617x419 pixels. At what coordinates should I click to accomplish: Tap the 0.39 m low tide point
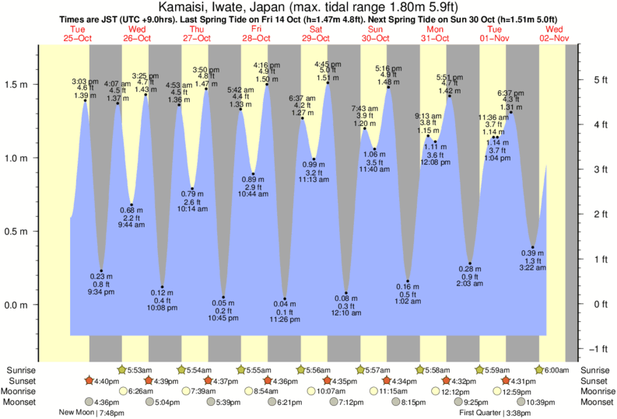(x=533, y=248)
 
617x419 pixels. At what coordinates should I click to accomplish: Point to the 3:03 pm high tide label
(x=85, y=82)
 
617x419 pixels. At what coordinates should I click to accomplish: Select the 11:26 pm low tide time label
(x=285, y=320)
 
